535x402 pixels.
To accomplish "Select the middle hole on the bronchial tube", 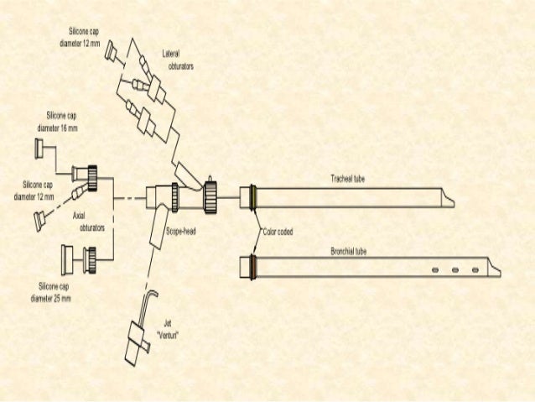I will pyautogui.click(x=455, y=269).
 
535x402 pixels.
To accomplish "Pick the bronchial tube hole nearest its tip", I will pyautogui.click(x=475, y=269).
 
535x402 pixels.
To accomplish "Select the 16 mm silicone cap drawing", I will pyautogui.click(x=39, y=149).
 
